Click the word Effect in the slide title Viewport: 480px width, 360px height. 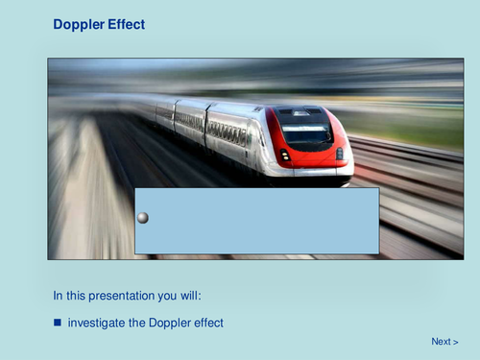point(126,24)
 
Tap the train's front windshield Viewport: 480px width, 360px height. point(306,131)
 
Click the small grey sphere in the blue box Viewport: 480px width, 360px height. point(143,218)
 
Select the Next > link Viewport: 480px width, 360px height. point(444,342)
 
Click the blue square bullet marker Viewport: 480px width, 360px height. point(58,323)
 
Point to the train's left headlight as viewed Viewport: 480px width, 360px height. point(284,155)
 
